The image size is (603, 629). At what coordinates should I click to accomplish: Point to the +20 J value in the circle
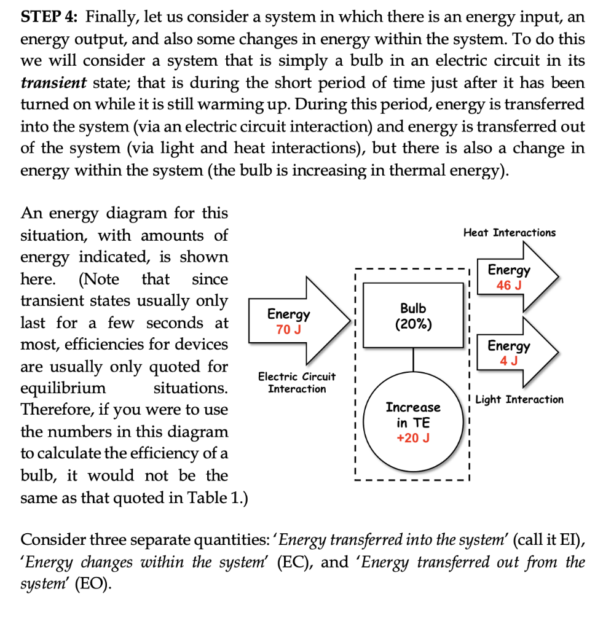pos(413,438)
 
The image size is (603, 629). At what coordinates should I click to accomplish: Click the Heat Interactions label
pos(510,232)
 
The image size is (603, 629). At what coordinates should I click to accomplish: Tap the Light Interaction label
pos(519,399)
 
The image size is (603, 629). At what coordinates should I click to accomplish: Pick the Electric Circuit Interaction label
pos(297,382)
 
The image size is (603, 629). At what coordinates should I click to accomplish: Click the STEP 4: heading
pos(49,17)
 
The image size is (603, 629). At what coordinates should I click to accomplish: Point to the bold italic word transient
pos(52,83)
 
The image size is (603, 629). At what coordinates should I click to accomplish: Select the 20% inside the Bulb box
pos(413,324)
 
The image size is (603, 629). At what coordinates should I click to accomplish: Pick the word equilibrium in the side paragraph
pos(63,388)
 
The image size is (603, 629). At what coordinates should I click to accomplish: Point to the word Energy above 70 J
pos(288,314)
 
